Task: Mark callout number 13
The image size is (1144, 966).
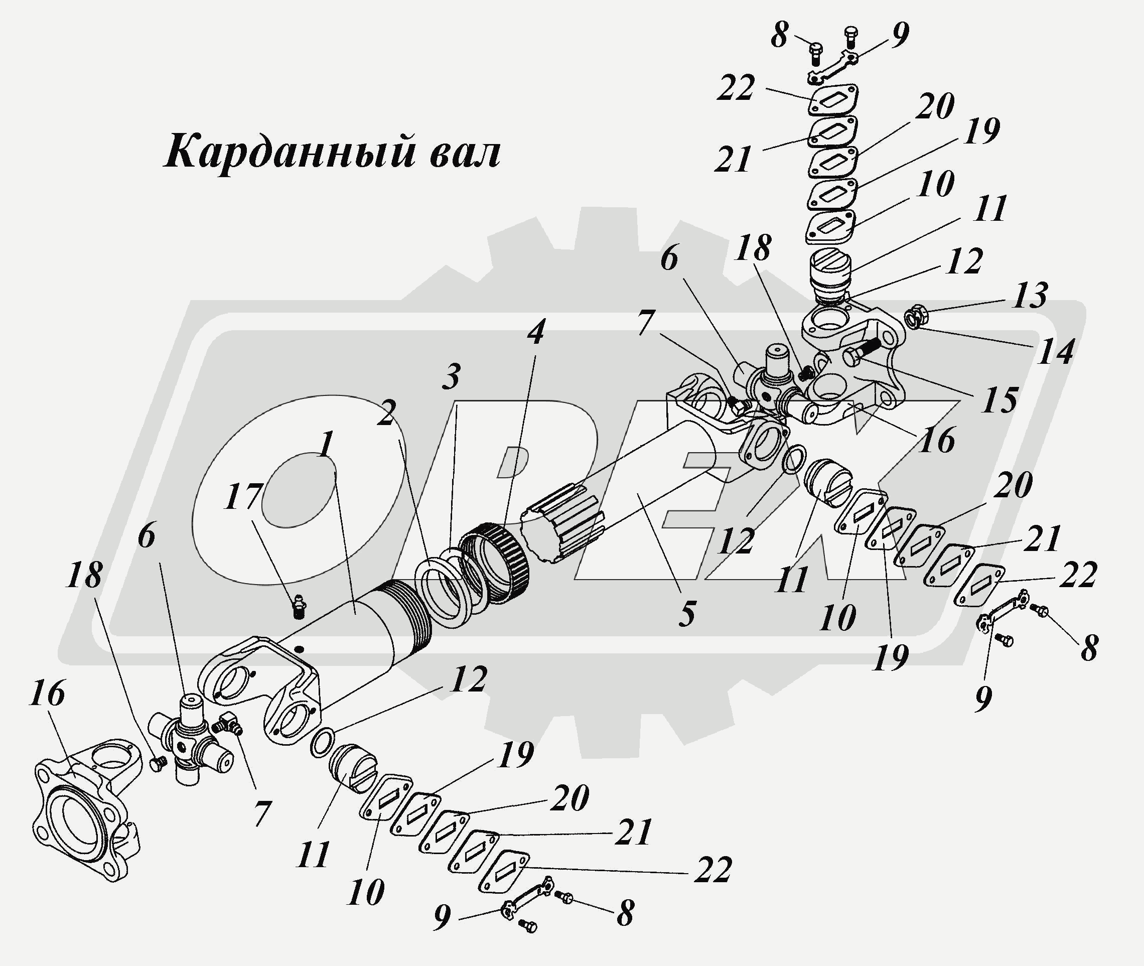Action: (1030, 295)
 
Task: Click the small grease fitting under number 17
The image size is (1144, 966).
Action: (299, 606)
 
